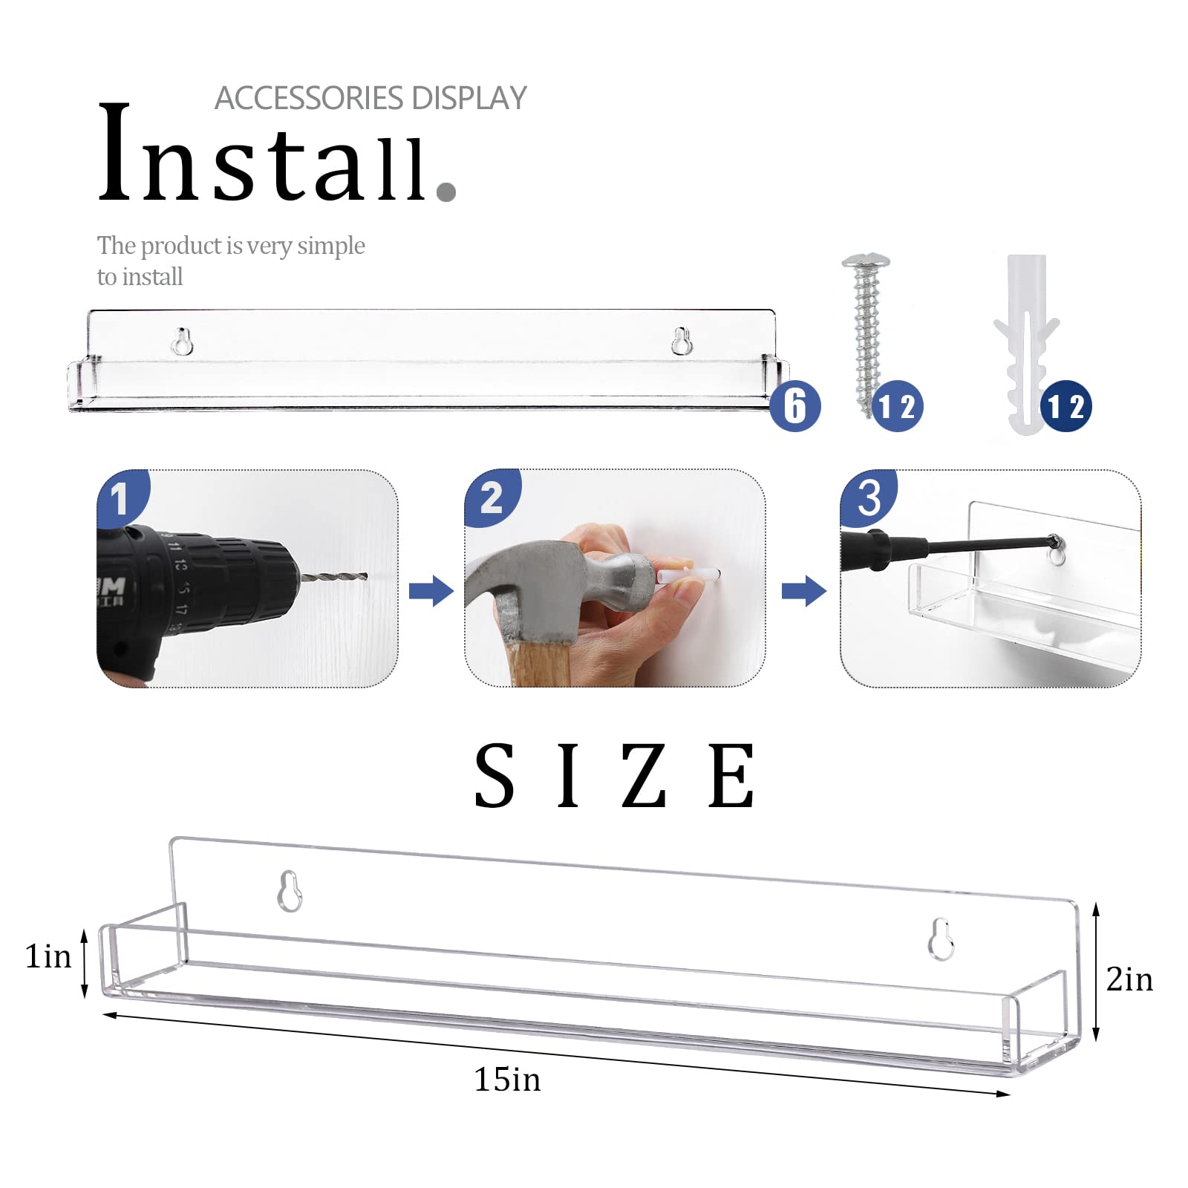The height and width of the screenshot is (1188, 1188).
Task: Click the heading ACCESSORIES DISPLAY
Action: click(371, 98)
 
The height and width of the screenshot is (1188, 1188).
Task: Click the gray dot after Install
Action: click(446, 192)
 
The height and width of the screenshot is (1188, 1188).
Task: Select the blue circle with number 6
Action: click(795, 406)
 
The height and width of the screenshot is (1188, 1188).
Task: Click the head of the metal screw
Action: click(866, 262)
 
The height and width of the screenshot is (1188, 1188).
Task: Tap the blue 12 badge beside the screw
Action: click(898, 406)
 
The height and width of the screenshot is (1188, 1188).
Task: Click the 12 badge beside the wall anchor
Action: click(1066, 406)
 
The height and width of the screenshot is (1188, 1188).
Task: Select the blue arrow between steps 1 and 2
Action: click(431, 591)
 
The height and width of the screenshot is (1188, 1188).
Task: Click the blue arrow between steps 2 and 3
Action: click(804, 591)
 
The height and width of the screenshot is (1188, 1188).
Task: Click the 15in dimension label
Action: click(508, 1079)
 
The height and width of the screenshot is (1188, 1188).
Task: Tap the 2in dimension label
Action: click(1129, 979)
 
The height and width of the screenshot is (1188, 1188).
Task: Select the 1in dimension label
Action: click(48, 956)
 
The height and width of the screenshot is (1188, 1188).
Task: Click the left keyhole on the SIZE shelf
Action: click(290, 890)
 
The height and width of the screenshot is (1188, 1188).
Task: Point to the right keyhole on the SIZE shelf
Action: click(941, 939)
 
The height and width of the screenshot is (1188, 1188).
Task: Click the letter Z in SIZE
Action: click(644, 776)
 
